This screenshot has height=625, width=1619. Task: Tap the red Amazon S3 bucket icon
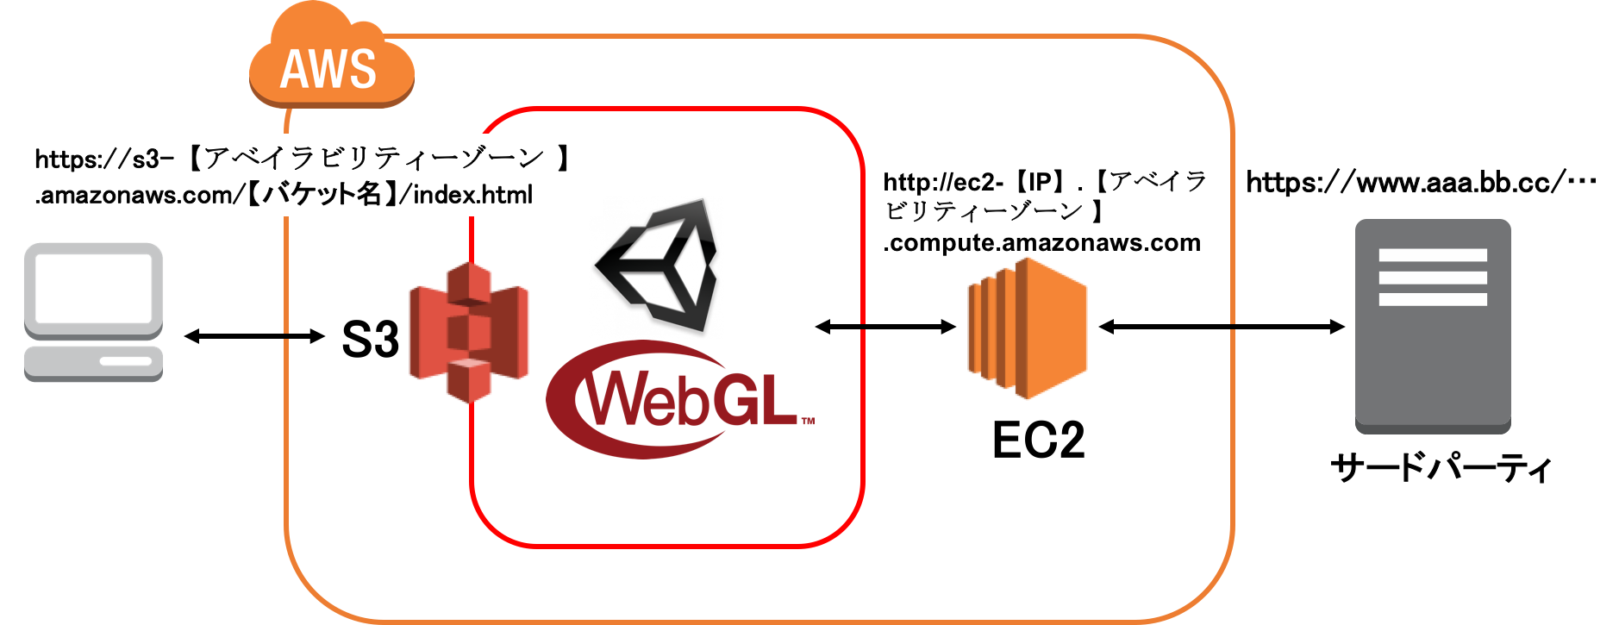click(468, 332)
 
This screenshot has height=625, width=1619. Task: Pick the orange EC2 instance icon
click(1028, 328)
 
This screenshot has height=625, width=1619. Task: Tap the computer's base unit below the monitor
click(93, 363)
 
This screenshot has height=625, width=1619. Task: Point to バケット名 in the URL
click(321, 195)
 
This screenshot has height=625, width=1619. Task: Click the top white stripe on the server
click(1433, 255)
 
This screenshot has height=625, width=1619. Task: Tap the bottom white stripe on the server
click(1433, 299)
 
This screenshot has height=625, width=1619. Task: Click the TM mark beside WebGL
click(808, 421)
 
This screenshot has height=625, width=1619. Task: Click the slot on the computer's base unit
click(126, 361)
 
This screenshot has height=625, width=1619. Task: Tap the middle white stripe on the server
click(1433, 278)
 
